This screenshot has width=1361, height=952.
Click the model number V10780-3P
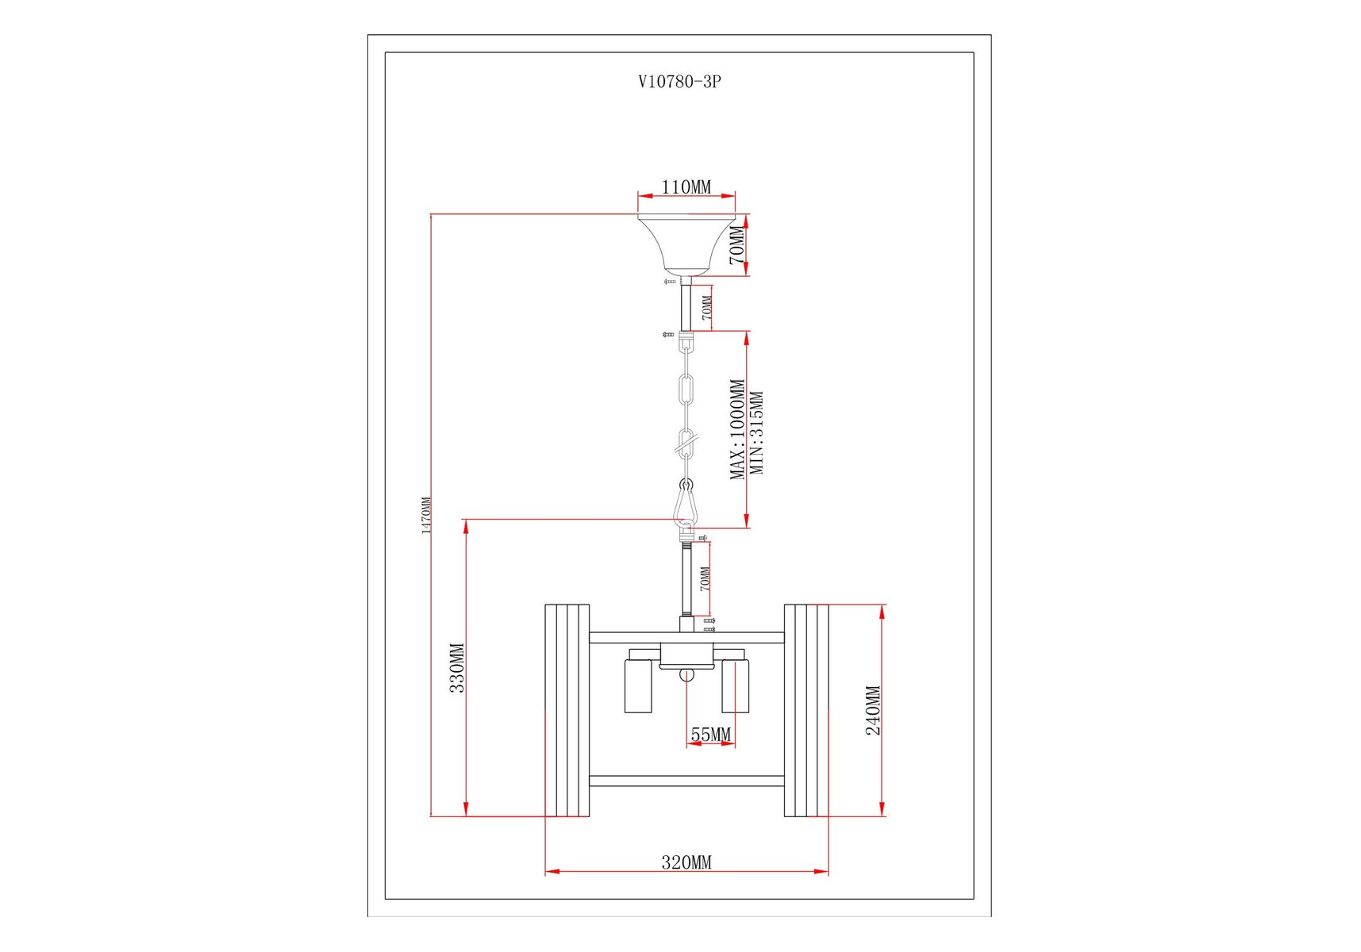pos(679,82)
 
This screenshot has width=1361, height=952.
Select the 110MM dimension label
pos(686,187)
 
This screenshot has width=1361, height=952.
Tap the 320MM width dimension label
pos(686,862)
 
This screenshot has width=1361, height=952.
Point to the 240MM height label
pos(873,710)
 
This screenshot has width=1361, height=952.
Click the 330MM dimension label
pos(457,668)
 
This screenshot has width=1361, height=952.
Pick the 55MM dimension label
pos(710,735)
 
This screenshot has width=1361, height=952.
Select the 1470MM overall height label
pos(426,515)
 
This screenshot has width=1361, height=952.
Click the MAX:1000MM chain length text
pos(737,429)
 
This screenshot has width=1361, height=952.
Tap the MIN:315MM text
pos(757,433)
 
